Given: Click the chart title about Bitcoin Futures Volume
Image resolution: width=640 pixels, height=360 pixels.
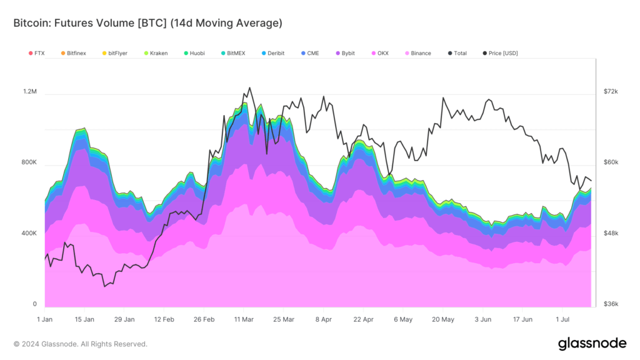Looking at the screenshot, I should click(147, 23).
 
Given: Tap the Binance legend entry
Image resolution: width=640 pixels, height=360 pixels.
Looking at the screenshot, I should click(421, 53).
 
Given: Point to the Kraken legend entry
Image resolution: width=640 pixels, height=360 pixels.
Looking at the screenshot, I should click(159, 53).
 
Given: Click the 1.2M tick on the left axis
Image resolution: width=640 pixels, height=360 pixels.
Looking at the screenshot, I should click(30, 91).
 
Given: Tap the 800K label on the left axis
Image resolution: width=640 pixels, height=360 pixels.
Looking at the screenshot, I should click(29, 162).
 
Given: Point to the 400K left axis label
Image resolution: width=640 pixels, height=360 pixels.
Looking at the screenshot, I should click(29, 233).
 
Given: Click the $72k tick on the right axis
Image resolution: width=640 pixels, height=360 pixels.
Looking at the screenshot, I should click(610, 91).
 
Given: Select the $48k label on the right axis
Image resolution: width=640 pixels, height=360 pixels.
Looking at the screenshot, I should click(610, 233).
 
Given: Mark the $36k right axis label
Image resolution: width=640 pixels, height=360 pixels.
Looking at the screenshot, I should click(610, 304).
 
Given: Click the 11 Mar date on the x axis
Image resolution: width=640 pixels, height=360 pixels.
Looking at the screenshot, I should click(244, 319).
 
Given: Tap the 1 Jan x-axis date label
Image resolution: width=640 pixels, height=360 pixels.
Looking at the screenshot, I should click(44, 319).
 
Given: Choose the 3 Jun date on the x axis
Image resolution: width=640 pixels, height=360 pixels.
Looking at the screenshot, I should click(483, 319).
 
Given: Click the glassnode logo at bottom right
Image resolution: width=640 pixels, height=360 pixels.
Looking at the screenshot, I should click(592, 343).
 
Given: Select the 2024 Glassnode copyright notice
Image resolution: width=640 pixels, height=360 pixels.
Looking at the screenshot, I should click(81, 344).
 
